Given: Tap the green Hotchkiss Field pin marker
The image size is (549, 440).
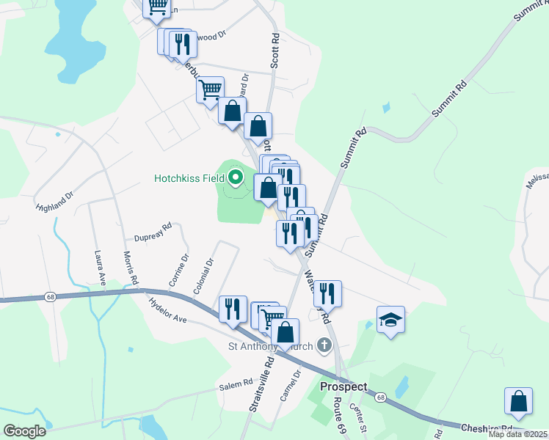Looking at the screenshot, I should [x=236, y=177].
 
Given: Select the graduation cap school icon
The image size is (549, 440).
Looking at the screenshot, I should [x=390, y=320].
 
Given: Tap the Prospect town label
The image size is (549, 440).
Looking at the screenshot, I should [x=343, y=386].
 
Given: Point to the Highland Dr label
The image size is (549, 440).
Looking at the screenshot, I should [x=55, y=201].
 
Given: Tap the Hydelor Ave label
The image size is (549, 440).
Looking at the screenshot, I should [x=167, y=308].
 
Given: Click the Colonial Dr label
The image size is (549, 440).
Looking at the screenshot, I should [x=203, y=276].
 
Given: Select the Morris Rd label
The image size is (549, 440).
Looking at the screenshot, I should [x=131, y=268].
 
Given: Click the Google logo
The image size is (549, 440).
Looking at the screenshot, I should [x=23, y=431].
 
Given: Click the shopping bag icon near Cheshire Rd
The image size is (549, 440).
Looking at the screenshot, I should [x=518, y=402].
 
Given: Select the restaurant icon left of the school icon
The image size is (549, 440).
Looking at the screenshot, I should [x=327, y=294].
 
